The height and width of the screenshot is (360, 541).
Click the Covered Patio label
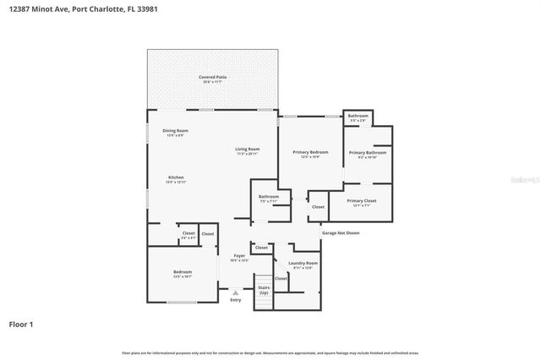click(x=212, y=77)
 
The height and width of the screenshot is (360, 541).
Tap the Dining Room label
click(x=175, y=130)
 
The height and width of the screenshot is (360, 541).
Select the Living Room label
click(x=247, y=149)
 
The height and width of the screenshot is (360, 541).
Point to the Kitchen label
click(x=175, y=177)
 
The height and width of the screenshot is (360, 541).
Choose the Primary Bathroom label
click(x=367, y=152)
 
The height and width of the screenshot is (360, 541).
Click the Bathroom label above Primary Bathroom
click(x=358, y=116)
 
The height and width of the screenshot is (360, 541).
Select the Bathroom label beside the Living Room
click(x=269, y=197)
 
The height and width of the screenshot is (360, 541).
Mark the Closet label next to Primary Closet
click(x=318, y=206)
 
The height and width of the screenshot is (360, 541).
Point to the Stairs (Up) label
click(x=264, y=290)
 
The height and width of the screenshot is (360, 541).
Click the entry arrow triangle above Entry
click(x=236, y=292)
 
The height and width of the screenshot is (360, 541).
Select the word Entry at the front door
click(x=236, y=300)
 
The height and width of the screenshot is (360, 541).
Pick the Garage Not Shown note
click(x=341, y=232)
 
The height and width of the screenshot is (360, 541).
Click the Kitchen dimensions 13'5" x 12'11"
click(x=175, y=182)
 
